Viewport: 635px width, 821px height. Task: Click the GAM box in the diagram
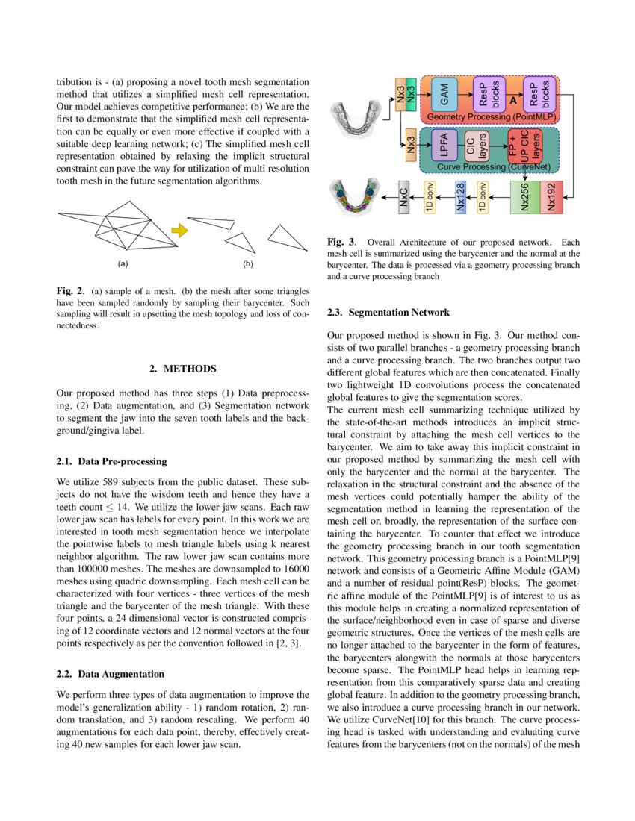click(x=444, y=94)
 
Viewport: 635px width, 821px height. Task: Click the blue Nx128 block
click(x=461, y=198)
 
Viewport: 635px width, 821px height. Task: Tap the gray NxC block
click(x=404, y=198)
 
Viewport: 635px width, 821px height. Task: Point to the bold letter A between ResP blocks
click(x=512, y=99)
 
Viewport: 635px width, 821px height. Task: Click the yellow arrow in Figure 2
click(x=179, y=230)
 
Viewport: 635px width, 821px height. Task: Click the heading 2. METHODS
click(x=183, y=369)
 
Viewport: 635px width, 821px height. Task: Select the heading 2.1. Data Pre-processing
click(x=111, y=461)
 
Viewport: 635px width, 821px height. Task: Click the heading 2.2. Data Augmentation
click(x=110, y=674)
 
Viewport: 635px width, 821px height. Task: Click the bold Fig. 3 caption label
click(x=341, y=242)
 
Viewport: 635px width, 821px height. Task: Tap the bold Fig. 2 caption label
click(x=69, y=290)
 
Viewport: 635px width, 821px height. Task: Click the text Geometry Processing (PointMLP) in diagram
click(x=489, y=117)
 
